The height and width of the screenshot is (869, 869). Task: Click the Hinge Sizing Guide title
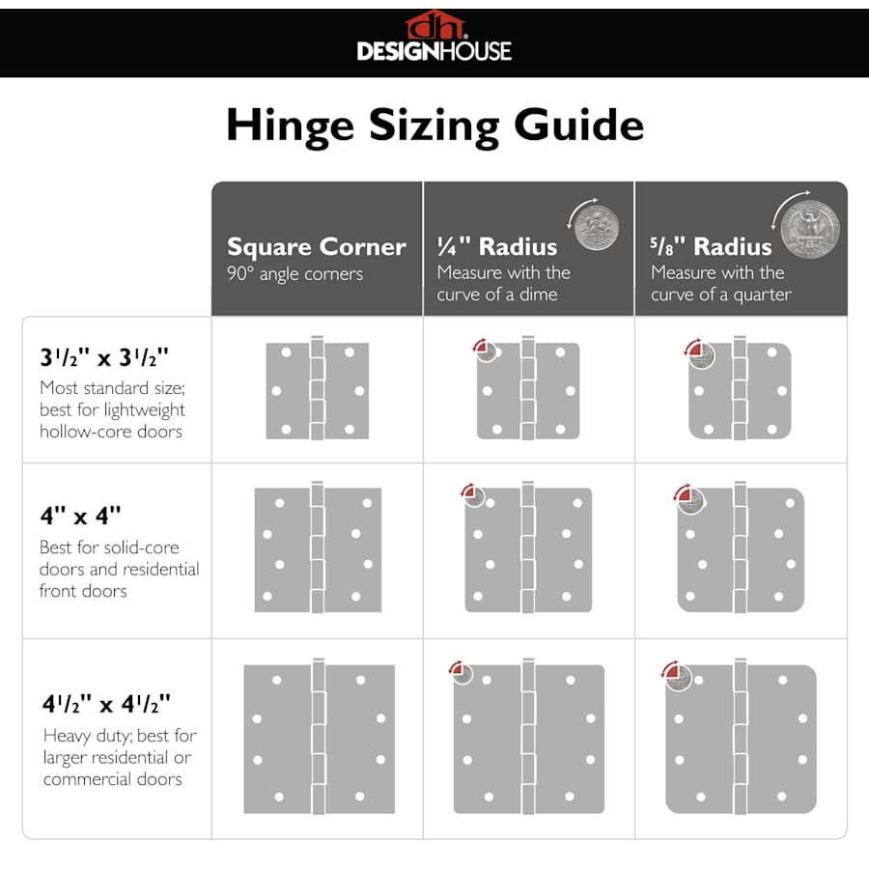(434, 126)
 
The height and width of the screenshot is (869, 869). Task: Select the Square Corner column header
(317, 247)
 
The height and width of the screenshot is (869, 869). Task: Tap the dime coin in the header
(595, 228)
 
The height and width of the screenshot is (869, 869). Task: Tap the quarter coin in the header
(809, 229)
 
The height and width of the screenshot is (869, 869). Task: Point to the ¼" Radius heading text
(497, 246)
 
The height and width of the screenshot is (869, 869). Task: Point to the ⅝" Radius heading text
(712, 246)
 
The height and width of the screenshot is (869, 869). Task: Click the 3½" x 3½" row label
(104, 357)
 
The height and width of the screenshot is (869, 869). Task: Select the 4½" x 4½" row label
(105, 702)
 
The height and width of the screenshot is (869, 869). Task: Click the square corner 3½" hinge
(318, 389)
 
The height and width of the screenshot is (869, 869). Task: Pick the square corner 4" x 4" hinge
(318, 547)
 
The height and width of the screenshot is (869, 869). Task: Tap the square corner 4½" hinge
(318, 737)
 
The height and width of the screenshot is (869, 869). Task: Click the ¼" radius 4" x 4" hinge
(528, 547)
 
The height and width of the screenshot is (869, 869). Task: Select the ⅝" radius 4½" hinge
(741, 737)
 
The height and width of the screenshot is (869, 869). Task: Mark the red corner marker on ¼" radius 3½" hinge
(484, 350)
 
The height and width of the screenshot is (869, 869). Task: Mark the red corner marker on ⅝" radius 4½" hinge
(674, 673)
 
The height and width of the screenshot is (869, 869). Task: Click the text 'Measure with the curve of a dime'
(503, 284)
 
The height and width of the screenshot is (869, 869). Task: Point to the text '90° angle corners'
(294, 274)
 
